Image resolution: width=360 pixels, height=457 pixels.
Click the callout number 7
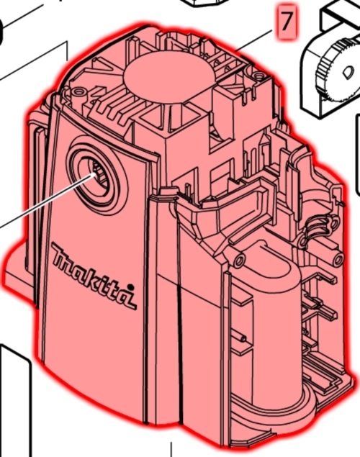286,21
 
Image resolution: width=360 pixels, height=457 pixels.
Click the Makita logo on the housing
94,275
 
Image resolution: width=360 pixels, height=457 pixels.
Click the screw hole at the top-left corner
78,92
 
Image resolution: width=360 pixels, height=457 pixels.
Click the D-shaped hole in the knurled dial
348,72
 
